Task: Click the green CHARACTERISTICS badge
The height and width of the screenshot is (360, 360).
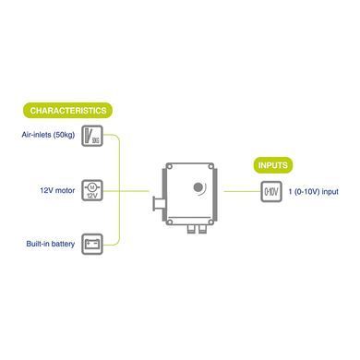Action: (67, 111)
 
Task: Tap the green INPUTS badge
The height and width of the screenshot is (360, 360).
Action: (273, 165)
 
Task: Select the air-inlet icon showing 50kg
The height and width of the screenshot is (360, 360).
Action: (92, 136)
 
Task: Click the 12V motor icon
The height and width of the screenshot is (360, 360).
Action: (92, 191)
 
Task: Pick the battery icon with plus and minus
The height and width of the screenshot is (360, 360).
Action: (92, 245)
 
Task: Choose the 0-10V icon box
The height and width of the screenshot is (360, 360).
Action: (271, 192)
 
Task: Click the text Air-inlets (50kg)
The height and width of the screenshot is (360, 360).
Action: (48, 135)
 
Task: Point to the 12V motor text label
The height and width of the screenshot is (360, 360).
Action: (57, 190)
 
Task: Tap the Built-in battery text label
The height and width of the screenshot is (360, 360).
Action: (51, 244)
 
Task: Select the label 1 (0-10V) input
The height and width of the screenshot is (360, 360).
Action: (313, 192)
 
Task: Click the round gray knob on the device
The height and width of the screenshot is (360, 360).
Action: (198, 186)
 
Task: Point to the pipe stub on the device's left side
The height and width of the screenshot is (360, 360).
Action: (159, 204)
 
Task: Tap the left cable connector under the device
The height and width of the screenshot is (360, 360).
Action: (191, 229)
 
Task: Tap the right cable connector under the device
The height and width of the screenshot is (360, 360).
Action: (202, 229)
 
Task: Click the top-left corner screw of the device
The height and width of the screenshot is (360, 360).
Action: (169, 166)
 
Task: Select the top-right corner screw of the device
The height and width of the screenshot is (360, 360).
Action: (210, 166)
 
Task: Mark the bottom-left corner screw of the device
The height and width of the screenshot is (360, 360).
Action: (169, 222)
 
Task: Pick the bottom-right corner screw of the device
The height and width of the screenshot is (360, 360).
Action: (210, 222)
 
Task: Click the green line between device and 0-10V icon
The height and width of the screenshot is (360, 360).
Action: (242, 191)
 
